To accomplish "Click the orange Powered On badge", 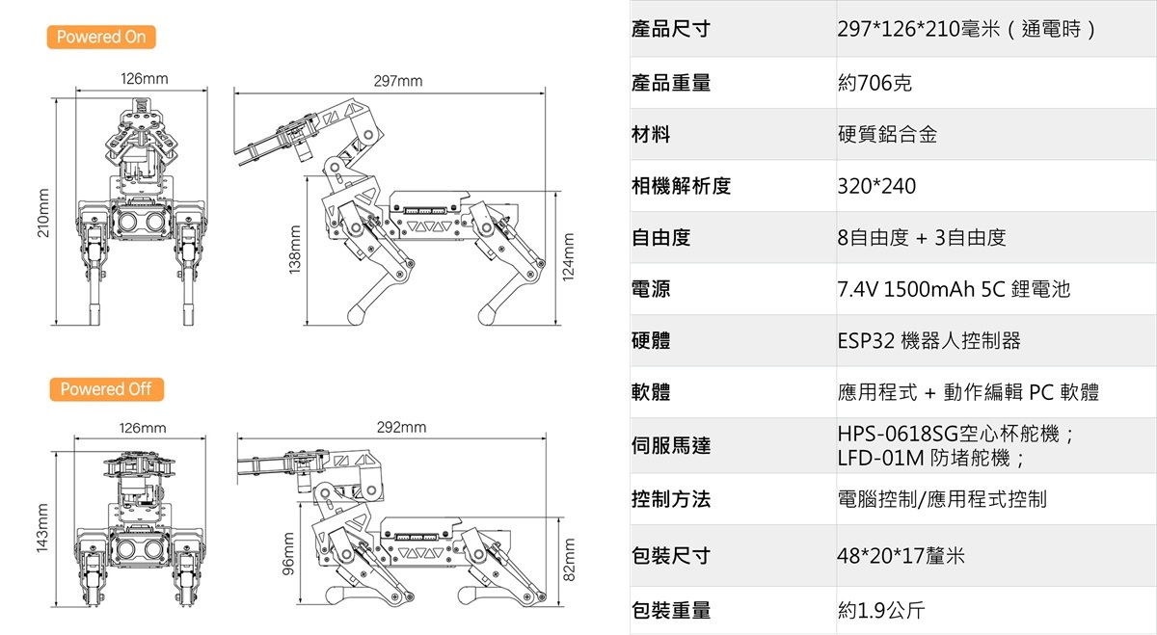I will [x=100, y=38].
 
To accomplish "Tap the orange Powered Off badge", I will [x=106, y=389].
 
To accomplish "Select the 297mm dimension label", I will [x=398, y=81].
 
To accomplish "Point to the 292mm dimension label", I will [x=401, y=427].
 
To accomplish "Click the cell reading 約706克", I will [x=874, y=84].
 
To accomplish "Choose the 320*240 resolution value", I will [x=876, y=186].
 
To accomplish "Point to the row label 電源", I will [x=651, y=289].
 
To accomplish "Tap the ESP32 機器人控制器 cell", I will [x=928, y=340].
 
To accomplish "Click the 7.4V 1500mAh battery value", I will [x=954, y=289].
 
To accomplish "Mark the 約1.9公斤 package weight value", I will [x=882, y=610].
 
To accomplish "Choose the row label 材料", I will [x=651, y=135].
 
